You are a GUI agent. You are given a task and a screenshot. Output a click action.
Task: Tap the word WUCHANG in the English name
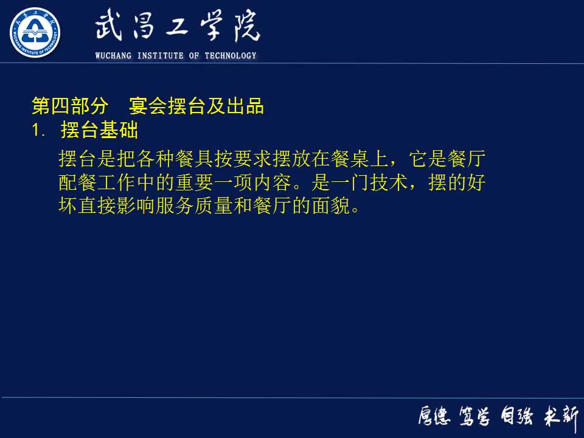[114, 56]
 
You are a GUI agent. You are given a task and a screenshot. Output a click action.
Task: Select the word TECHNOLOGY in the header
[231, 56]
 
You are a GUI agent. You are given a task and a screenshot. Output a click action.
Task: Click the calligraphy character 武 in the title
[109, 27]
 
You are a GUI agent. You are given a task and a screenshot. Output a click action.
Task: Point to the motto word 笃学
[474, 417]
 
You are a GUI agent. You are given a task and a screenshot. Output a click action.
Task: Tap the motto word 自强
[516, 417]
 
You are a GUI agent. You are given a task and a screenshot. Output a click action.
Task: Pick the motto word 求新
[561, 417]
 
